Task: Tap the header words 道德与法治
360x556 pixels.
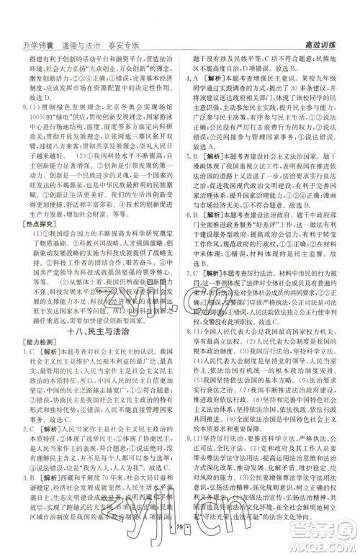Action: point(79,43)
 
